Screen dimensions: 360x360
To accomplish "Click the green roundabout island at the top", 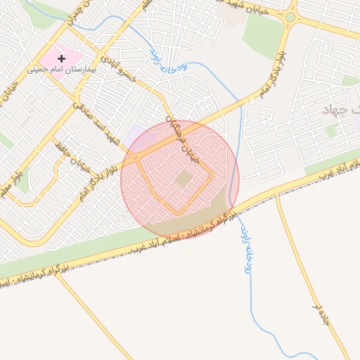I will (x=290, y=17).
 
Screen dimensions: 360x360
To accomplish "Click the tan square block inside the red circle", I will (x=183, y=179).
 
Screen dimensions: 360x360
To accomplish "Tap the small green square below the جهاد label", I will (x=330, y=131).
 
